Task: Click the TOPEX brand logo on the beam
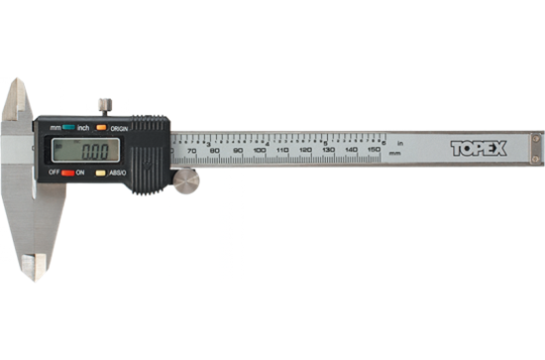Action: pos(478,149)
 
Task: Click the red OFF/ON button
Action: pos(68,173)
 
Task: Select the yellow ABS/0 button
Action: pos(101,173)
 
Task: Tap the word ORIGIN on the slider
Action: pos(119,128)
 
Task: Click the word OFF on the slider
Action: pos(54,173)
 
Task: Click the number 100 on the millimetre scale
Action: pos(259,164)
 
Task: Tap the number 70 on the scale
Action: pos(191,164)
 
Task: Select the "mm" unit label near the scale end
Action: pos(395,156)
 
